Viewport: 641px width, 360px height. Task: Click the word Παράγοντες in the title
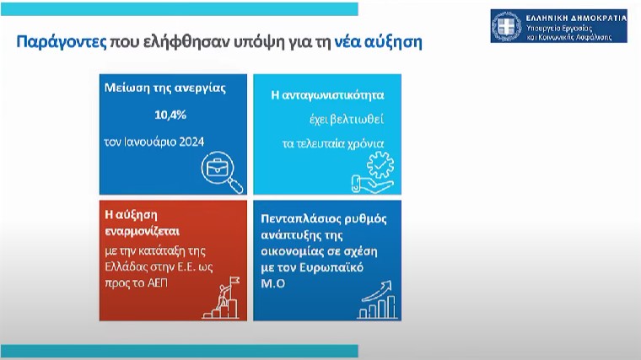[x=62, y=42]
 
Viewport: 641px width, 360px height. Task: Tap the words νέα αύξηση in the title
[x=378, y=42]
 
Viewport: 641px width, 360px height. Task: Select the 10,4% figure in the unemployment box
[x=170, y=116]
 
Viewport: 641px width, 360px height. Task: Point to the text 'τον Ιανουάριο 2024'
[x=154, y=142]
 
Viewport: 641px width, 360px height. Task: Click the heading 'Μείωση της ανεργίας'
[x=164, y=89]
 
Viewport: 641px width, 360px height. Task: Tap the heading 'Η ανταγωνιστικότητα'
[x=327, y=95]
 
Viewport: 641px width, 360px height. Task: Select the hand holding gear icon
[x=373, y=172]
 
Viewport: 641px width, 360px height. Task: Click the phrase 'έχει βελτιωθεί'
[x=347, y=120]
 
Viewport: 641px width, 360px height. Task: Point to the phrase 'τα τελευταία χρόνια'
[x=333, y=144]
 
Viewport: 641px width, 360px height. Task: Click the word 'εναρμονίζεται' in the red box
[x=142, y=232]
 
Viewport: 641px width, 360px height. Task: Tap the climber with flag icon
[x=221, y=298]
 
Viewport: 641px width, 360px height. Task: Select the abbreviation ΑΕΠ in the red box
[x=157, y=283]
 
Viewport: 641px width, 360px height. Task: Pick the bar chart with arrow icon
[x=377, y=299]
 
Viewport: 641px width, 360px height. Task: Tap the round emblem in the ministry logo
[x=507, y=26]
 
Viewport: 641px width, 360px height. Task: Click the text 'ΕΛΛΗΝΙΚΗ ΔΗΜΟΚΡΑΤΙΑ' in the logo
[x=576, y=18]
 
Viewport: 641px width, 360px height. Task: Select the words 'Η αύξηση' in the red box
[x=131, y=215]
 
